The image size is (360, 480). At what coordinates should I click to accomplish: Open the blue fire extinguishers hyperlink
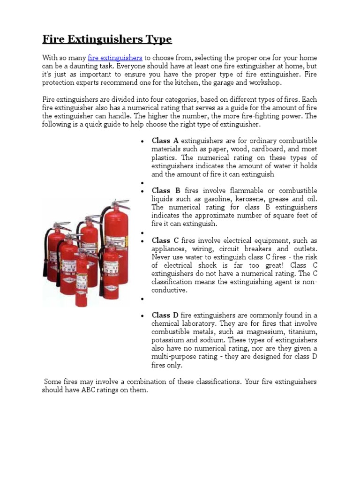(115, 58)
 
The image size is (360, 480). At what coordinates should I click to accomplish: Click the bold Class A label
(165, 141)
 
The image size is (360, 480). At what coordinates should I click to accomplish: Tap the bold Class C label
(165, 240)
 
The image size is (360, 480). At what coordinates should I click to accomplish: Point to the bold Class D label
(165, 315)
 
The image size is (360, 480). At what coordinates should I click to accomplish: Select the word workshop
(267, 83)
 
